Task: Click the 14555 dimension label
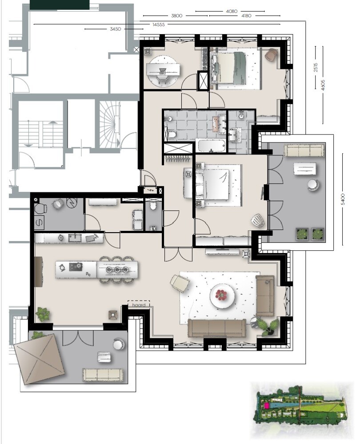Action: tap(159, 24)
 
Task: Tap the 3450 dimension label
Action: tap(116, 29)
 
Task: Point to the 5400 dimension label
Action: tap(343, 199)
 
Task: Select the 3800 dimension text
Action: tap(176, 16)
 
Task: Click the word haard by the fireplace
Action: tap(139, 305)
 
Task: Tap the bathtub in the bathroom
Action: tap(212, 146)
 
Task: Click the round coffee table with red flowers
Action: tap(222, 296)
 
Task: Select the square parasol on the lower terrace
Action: tap(39, 359)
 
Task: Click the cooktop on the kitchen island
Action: tap(76, 267)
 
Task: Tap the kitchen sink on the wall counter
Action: tap(75, 237)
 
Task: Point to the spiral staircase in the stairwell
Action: tap(109, 125)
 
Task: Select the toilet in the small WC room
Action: tap(153, 206)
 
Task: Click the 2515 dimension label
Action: tap(316, 67)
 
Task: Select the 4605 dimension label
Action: tap(323, 85)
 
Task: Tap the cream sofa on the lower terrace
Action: tap(103, 375)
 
